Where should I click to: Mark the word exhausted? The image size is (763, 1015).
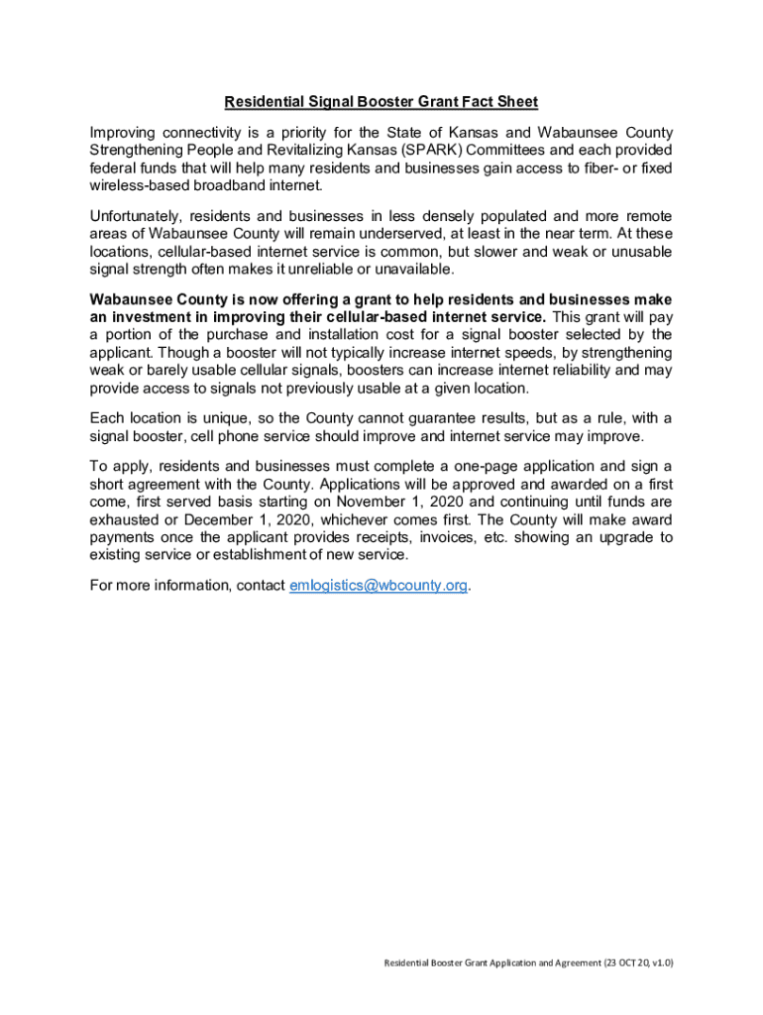click(x=125, y=519)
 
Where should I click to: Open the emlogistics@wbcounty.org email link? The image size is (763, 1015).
click(x=378, y=585)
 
